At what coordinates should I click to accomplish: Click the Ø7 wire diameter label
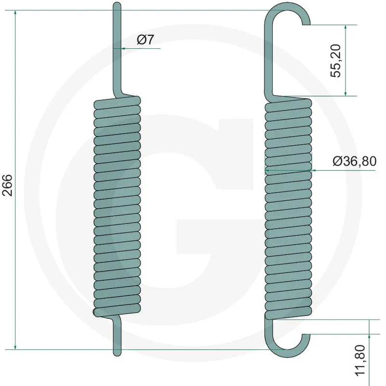145,40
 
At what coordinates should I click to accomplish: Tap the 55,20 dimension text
336,60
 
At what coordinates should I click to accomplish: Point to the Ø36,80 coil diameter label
354,161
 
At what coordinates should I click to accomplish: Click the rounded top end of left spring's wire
116,4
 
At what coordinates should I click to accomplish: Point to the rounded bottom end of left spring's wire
116,354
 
